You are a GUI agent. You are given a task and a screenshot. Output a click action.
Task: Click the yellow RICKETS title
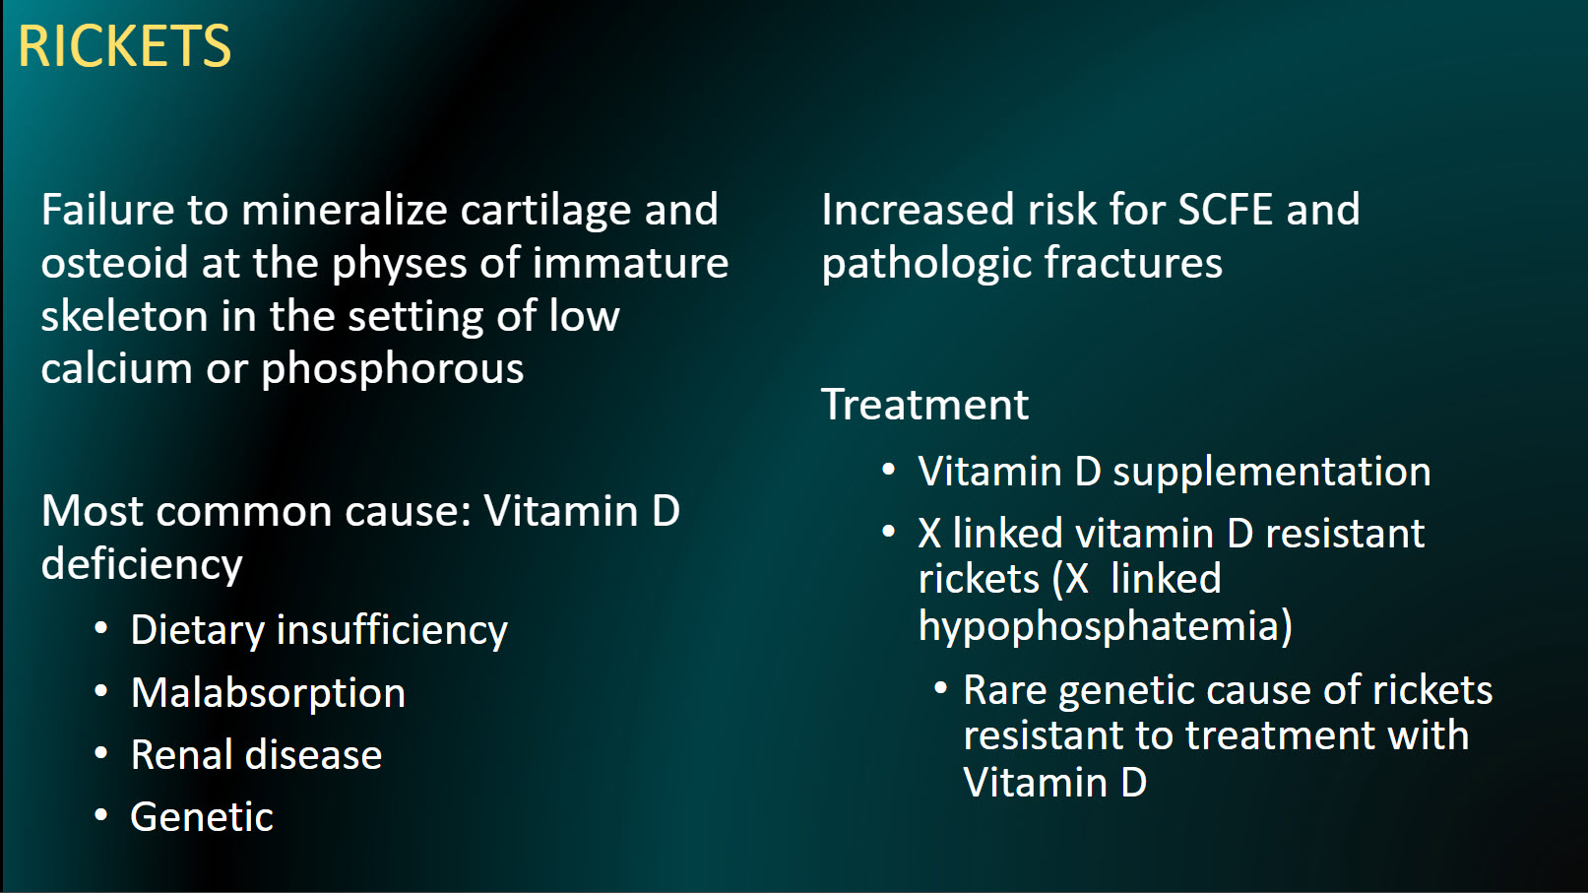pos(124,46)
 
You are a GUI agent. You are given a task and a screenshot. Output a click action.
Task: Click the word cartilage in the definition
pos(546,211)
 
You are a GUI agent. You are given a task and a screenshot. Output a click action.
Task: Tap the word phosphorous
pos(392,369)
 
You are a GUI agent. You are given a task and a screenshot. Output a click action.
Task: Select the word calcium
pos(116,369)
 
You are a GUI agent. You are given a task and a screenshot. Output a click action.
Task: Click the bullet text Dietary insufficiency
pos(319,631)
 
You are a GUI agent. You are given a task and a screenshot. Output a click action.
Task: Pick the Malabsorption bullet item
pos(268,693)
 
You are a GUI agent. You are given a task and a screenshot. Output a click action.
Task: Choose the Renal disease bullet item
pos(256,755)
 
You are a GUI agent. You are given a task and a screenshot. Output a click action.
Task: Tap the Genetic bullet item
pos(202,817)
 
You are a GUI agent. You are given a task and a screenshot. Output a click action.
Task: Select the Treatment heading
pos(924,405)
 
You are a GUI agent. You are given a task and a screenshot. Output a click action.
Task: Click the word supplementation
pos(1271,473)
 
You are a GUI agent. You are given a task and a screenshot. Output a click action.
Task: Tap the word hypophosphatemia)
pos(1105,627)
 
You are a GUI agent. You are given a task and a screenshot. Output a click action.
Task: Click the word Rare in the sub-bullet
pos(1004,690)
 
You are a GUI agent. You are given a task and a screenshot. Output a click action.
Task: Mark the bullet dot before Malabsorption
pos(100,691)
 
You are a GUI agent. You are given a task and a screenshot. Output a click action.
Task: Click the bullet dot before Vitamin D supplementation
pos(889,470)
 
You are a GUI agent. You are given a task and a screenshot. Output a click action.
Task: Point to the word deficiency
pos(142,565)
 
